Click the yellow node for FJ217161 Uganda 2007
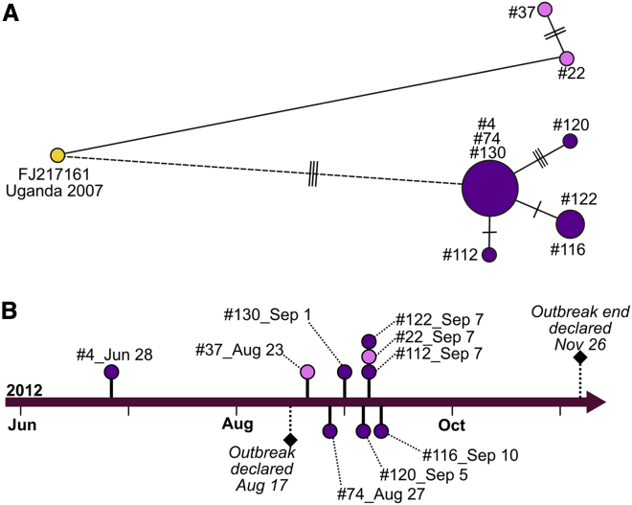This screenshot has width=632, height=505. coord(57,155)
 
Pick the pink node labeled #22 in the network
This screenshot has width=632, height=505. coord(567,58)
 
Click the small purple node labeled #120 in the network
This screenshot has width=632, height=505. coord(570,141)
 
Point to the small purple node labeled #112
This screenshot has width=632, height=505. coord(489,255)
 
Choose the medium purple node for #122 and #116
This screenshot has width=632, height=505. coord(570,224)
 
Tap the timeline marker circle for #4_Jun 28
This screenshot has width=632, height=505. coord(111,372)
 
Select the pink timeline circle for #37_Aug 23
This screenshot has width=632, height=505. coord(307,372)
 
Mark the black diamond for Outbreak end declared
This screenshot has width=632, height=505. coord(579,357)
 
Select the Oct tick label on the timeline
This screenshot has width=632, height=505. coord(452,423)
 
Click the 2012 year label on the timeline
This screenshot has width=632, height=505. coord(24,390)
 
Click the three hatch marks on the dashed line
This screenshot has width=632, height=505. coord(313,175)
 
